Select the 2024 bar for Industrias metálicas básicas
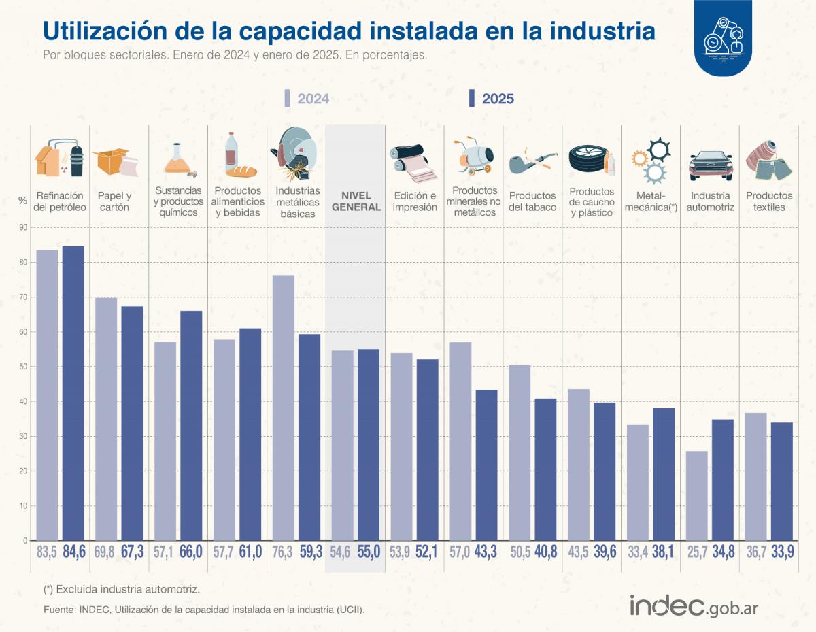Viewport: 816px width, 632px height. [x=284, y=408]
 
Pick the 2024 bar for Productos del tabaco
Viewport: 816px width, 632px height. [x=520, y=452]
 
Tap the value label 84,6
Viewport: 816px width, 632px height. [x=73, y=552]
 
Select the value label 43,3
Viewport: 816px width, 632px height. [x=486, y=552]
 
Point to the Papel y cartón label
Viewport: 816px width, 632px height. [x=114, y=201]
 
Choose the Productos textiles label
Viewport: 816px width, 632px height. [x=769, y=201]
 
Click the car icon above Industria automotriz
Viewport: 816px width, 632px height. [x=711, y=164]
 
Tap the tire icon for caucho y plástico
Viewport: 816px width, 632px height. [x=588, y=161]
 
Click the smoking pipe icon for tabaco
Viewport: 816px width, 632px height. [x=526, y=163]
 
